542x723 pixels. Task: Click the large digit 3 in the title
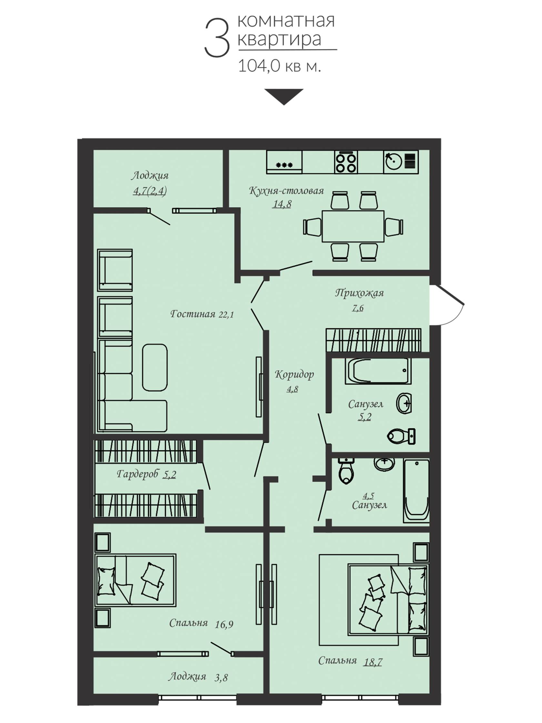[x=217, y=38]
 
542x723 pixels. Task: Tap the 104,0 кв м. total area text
[x=279, y=66]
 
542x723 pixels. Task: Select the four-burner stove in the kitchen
[x=346, y=162]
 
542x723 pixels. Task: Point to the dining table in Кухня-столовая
[x=353, y=226]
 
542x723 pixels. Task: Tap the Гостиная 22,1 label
[x=202, y=314]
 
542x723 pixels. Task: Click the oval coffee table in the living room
[x=155, y=367]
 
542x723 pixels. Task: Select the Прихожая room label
[x=359, y=293]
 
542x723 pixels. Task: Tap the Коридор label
[x=294, y=374]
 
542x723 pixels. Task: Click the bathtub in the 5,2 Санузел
[x=378, y=371]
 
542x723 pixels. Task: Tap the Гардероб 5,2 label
[x=146, y=474]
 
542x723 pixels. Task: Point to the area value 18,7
[x=373, y=662]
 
